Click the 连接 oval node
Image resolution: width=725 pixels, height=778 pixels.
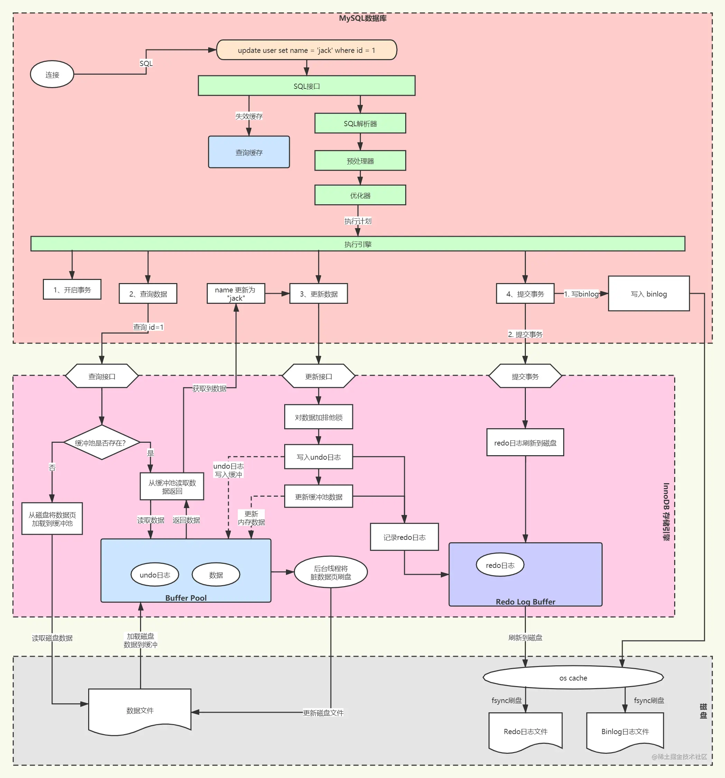tap(52, 74)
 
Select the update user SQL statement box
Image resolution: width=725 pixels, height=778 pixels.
tap(307, 50)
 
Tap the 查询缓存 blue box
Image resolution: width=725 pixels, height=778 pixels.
tap(249, 152)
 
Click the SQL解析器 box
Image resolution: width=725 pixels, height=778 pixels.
tap(360, 124)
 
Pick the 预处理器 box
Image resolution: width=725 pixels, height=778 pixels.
tap(360, 161)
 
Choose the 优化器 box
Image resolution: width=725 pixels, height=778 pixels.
tap(360, 195)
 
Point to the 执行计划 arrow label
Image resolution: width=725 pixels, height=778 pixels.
tap(358, 221)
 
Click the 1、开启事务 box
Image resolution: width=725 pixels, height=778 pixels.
tap(72, 290)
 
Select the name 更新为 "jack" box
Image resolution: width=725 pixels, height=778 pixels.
tap(236, 293)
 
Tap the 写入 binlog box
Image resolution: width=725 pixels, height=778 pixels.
tap(649, 293)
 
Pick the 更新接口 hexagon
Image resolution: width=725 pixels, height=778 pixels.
tap(319, 376)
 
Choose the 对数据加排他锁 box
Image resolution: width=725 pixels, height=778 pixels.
tap(319, 417)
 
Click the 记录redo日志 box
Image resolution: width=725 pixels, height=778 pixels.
tap(405, 537)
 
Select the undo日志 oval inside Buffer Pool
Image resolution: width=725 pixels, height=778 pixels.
tap(155, 575)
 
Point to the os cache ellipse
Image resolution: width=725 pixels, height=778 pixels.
tap(573, 678)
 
